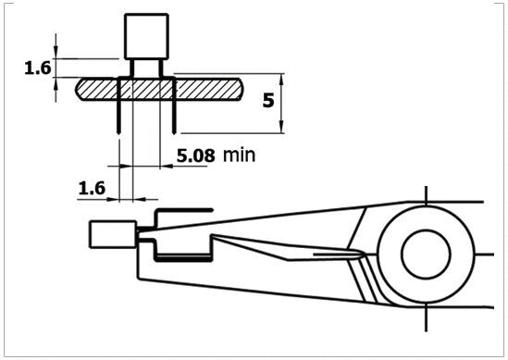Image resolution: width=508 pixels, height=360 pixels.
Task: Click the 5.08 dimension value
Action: point(195,155)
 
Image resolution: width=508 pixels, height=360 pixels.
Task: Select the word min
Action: point(239,155)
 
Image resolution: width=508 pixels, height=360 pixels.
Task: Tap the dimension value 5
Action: point(268,100)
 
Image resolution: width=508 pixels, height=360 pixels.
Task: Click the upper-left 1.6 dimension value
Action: point(38,68)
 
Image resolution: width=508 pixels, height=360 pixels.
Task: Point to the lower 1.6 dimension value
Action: point(92,188)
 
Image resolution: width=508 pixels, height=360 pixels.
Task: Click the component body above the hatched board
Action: point(146,36)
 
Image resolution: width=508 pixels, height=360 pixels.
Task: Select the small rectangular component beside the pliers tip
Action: point(113,234)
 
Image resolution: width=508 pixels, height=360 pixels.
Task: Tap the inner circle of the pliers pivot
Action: point(426,254)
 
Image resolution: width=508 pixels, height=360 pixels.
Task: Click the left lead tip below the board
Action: point(118,131)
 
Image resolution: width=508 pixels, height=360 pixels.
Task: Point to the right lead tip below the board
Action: point(174,131)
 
